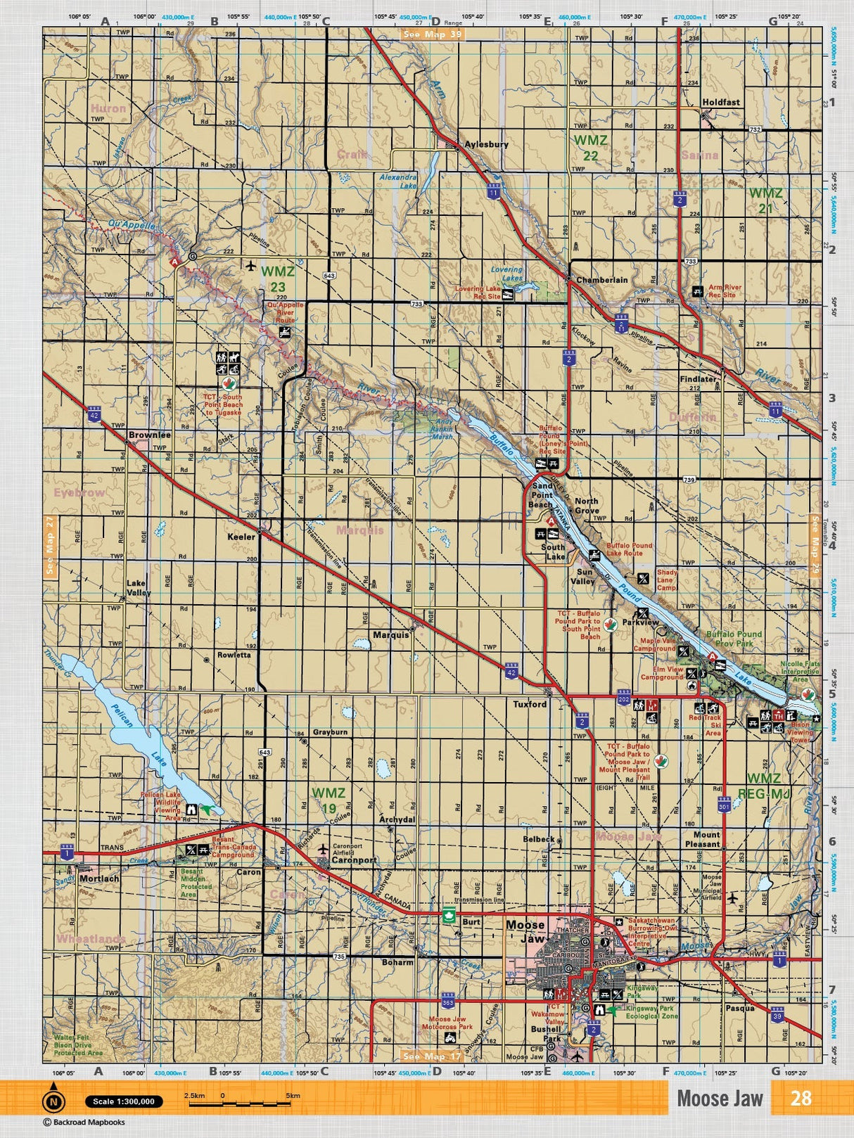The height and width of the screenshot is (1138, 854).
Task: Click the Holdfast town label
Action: pos(720,102)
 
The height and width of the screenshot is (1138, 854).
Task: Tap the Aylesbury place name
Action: pos(486,144)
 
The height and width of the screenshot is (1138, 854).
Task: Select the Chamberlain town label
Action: pos(601,280)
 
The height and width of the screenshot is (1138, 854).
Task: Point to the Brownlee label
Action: pos(149,435)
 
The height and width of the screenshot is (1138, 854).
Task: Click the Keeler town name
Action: pos(241,537)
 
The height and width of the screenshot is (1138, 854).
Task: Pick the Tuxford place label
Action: pos(529,704)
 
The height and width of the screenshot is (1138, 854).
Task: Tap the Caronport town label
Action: pos(354,860)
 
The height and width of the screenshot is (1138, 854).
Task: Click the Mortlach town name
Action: pos(99,878)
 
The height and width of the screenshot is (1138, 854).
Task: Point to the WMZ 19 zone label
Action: pos(329,800)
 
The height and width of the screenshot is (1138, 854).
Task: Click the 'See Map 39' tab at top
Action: pos(432,33)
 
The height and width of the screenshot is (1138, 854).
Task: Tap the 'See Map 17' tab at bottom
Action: pos(433,1056)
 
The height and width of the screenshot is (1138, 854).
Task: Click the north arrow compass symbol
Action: pos(53,1101)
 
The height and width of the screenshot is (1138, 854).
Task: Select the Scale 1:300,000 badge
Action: pos(124,1101)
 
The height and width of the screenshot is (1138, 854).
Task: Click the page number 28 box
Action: pos(801,1098)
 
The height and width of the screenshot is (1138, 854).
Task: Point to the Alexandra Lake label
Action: pos(398,181)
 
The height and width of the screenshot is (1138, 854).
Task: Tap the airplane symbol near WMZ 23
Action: pos(251,265)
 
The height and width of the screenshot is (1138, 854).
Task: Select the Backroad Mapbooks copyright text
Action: pos(77,1123)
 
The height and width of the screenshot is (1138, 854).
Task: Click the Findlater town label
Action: pos(697,379)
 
